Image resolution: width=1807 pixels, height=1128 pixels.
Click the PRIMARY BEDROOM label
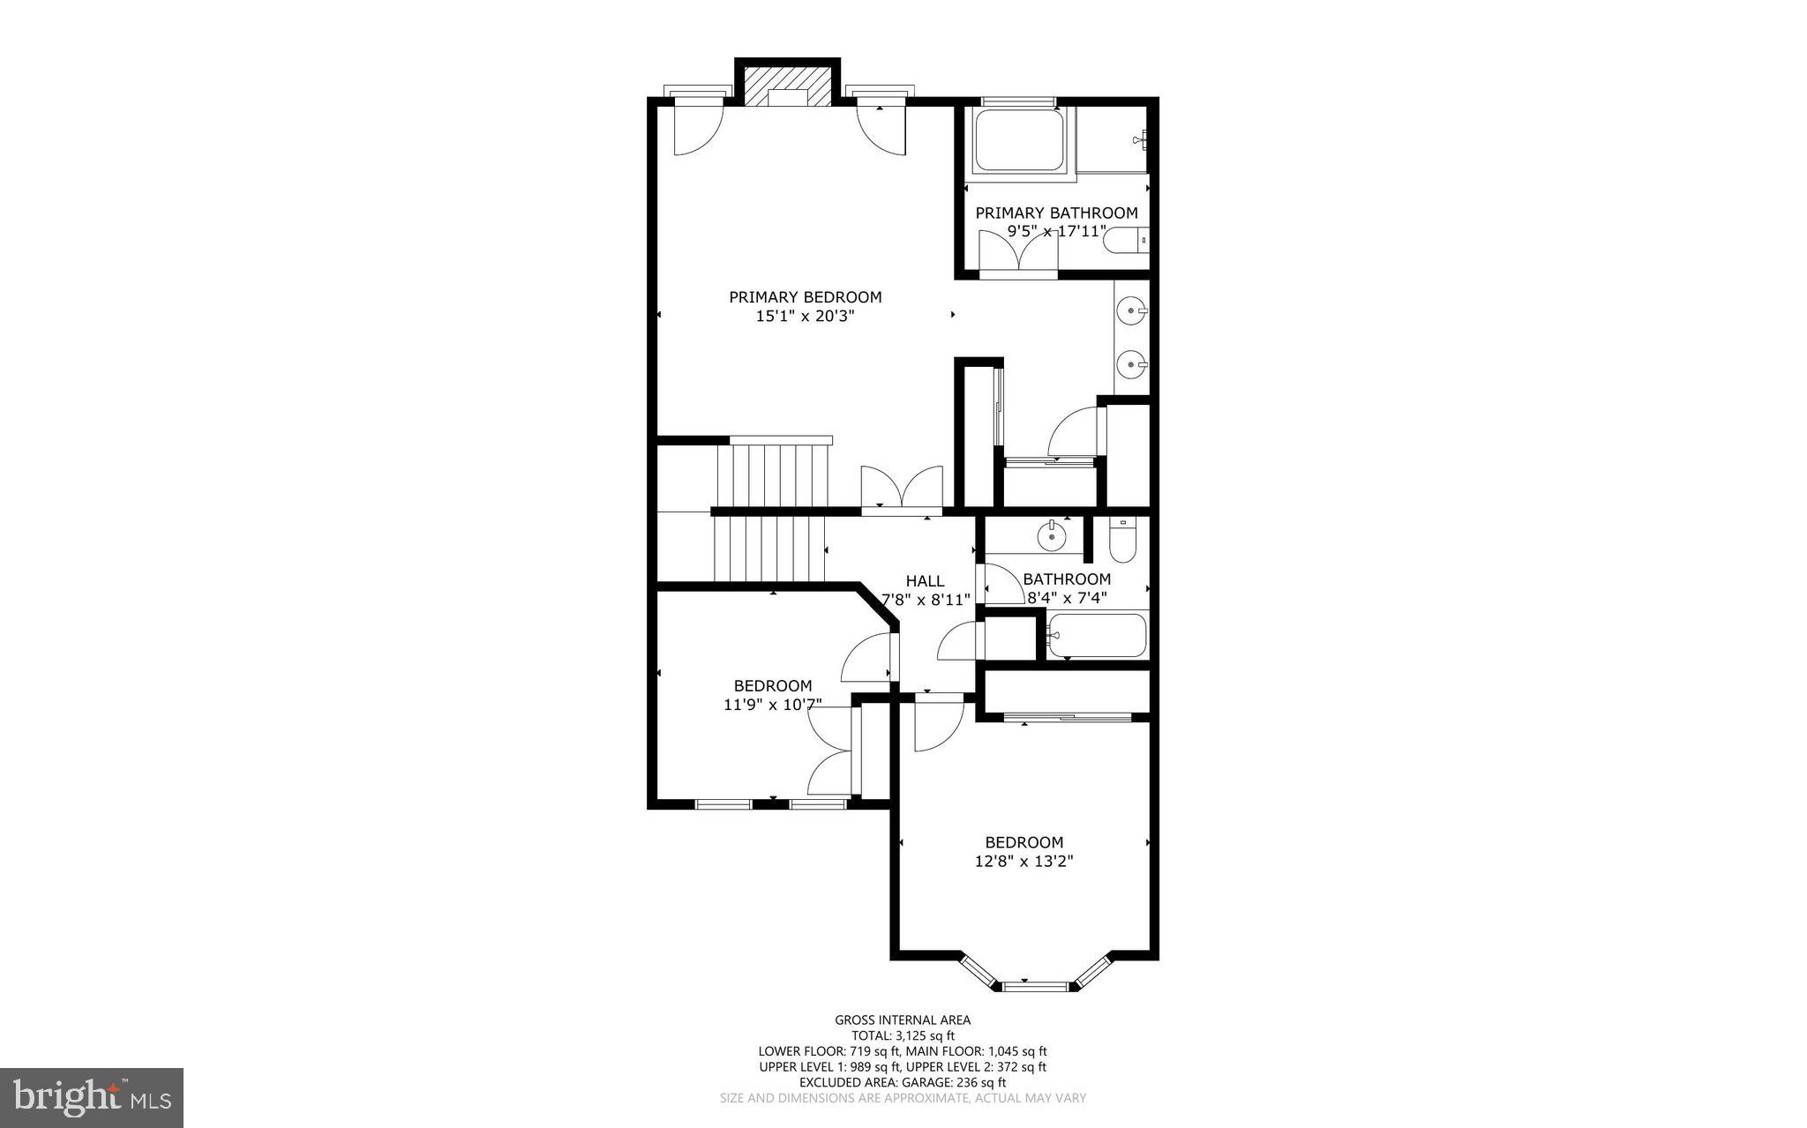click(805, 297)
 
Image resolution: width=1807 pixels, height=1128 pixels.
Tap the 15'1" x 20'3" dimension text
click(805, 316)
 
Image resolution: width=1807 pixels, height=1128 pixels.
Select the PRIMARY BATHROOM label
click(1056, 213)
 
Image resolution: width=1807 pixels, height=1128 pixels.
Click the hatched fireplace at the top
click(788, 86)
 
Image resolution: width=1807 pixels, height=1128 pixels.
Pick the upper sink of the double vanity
click(1132, 310)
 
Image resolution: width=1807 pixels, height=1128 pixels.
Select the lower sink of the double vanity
click(1132, 362)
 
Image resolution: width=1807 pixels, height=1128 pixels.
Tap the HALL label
click(925, 581)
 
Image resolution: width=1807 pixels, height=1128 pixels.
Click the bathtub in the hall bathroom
click(1097, 635)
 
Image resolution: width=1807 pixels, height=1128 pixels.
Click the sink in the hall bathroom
click(1051, 534)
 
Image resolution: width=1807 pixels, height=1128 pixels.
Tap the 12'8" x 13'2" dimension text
click(1023, 862)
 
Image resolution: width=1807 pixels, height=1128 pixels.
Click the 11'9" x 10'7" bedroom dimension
click(773, 705)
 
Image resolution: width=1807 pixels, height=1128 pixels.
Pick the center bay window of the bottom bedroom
click(1036, 986)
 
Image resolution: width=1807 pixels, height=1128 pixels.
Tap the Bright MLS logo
click(92, 1097)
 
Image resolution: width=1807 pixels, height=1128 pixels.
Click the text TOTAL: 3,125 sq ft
click(903, 1035)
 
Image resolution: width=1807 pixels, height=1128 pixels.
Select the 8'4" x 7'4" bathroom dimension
click(1067, 598)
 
